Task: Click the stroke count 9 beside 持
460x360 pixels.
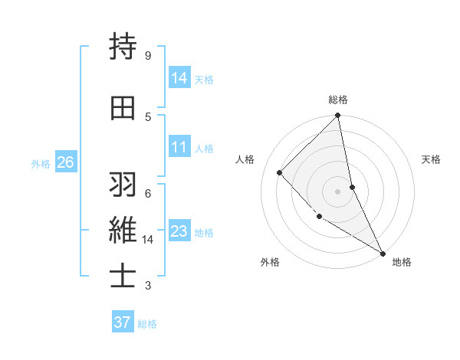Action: (147, 56)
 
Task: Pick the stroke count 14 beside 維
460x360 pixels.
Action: (148, 240)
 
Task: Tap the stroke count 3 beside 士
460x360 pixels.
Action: (147, 286)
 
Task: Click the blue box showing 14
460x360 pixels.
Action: (179, 77)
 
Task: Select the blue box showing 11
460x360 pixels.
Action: (179, 147)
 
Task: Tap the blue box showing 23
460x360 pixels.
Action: (179, 231)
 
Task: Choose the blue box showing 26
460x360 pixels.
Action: (65, 162)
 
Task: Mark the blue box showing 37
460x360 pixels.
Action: (122, 322)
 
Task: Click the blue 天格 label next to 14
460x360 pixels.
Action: (204, 79)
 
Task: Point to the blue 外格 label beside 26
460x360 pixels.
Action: (41, 163)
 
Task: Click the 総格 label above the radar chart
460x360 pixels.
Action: (338, 100)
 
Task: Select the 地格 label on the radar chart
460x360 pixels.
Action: (402, 262)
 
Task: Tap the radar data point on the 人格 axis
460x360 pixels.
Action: (280, 172)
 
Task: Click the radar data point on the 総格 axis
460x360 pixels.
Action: (338, 116)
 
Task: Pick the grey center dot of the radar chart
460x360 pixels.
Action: (338, 191)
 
